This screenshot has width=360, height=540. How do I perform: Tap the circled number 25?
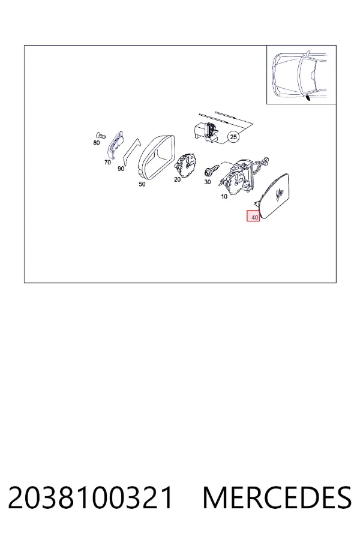pos(233,137)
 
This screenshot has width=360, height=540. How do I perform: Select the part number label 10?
pos(224,197)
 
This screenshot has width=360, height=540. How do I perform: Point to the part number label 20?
pos(177,179)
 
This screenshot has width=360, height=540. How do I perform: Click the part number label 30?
pos(207,182)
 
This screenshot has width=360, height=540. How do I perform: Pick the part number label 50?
pos(142,184)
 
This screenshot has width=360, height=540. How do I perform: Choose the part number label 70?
pos(107,162)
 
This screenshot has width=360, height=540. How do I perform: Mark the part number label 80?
pos(97,143)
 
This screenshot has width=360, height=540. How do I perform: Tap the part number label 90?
pos(121,169)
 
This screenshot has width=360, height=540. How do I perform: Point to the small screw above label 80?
pos(100,135)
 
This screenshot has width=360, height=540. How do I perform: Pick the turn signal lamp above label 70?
pos(115,143)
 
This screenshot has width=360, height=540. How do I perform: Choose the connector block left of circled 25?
pos(206,131)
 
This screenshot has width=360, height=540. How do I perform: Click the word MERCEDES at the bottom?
pos(277,497)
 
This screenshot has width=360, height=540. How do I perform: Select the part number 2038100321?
pos(90,497)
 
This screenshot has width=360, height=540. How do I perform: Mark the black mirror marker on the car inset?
pos(307,99)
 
